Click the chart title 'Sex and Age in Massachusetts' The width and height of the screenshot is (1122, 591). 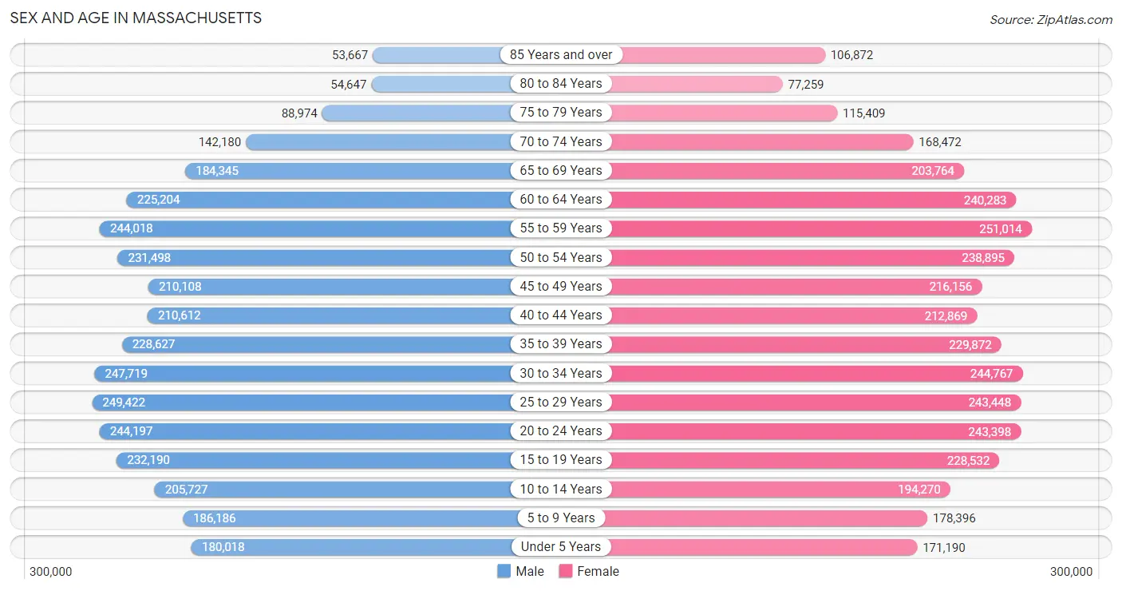click(136, 18)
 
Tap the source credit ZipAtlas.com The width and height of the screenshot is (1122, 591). click(1050, 19)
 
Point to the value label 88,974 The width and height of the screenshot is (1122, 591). click(299, 113)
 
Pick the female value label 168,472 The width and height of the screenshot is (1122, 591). click(940, 142)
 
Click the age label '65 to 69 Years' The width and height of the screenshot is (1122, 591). click(561, 170)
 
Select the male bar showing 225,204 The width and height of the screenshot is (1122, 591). click(319, 200)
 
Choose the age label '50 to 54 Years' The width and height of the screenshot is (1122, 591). click(561, 257)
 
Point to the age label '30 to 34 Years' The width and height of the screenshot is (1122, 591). click(561, 373)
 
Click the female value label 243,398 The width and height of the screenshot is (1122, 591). click(989, 431)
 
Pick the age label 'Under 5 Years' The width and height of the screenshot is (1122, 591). click(561, 546)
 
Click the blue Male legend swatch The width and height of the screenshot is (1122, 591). click(504, 571)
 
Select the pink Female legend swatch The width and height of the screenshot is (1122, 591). click(566, 571)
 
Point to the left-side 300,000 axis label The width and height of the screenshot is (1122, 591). click(51, 572)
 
